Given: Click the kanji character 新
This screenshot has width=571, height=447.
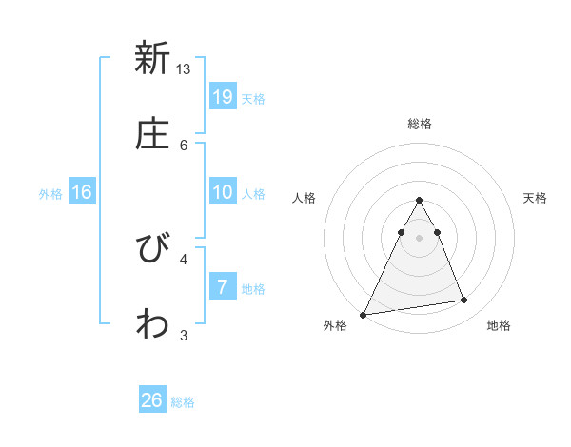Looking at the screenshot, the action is point(151,58).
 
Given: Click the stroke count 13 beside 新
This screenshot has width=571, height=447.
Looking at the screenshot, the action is point(184,69).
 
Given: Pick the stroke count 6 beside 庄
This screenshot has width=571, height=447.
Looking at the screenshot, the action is point(184,145).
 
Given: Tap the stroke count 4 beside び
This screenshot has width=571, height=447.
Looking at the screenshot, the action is point(184,258).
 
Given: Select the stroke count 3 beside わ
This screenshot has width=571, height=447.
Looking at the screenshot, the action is point(184,335).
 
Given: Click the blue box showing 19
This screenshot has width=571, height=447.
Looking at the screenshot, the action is point(222,96).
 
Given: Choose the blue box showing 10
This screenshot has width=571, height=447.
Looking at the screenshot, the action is point(222,192).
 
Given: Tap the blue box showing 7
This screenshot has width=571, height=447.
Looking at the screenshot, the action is point(222,287).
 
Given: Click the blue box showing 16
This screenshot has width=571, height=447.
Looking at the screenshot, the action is point(82,192).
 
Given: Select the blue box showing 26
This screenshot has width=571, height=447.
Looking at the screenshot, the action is point(151,400).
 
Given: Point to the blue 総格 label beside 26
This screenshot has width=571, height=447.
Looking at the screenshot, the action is point(183,402).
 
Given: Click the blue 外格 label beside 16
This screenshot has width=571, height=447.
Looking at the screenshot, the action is point(50,193).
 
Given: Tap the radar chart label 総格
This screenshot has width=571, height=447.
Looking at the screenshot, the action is point(420,124).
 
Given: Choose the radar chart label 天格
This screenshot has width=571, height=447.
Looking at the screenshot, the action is point(536,198).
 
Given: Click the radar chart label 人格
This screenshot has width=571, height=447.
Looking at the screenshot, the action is point(305,198).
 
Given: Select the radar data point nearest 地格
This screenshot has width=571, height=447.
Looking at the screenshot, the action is point(464,301).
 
